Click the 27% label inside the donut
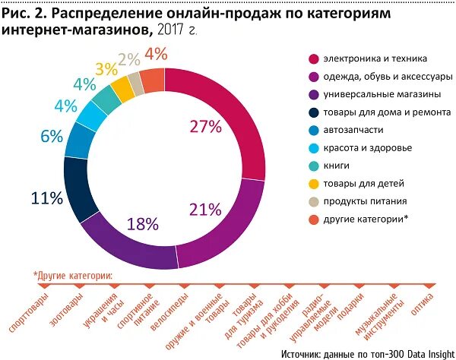point(205,127)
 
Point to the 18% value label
point(142,223)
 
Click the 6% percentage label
point(52,137)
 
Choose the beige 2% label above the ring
point(128,59)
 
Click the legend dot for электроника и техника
point(312,58)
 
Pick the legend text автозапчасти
point(354,129)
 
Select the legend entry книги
point(337,165)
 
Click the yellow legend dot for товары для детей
point(312,183)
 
